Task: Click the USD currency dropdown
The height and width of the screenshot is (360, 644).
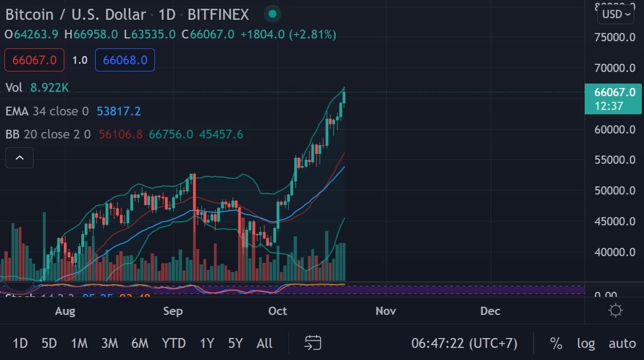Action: pyautogui.click(x=615, y=14)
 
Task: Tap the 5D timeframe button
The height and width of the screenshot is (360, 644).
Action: pyautogui.click(x=49, y=344)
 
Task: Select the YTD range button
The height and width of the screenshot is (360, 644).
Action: pyautogui.click(x=174, y=344)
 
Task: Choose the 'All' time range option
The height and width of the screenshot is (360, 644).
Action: pyautogui.click(x=264, y=344)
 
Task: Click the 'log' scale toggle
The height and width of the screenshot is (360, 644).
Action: pyautogui.click(x=586, y=344)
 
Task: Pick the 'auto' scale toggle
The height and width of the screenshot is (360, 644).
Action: pyautogui.click(x=622, y=344)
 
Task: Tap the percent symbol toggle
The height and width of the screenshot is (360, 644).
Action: pyautogui.click(x=556, y=344)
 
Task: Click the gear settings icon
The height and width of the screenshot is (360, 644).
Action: pyautogui.click(x=616, y=311)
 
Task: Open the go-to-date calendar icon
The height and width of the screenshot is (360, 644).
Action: pyautogui.click(x=313, y=343)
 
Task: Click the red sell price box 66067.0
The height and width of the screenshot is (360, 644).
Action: pyautogui.click(x=34, y=60)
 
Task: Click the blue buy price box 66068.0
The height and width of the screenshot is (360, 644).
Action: pyautogui.click(x=125, y=60)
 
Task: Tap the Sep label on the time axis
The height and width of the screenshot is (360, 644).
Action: pyautogui.click(x=173, y=311)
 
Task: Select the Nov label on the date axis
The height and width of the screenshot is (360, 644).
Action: pyautogui.click(x=386, y=311)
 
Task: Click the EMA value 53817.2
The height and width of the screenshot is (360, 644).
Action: pyautogui.click(x=119, y=112)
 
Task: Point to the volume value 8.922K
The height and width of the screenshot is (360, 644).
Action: pyautogui.click(x=49, y=87)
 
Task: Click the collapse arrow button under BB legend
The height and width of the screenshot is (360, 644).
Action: pyautogui.click(x=19, y=158)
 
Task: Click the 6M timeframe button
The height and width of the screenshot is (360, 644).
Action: pyautogui.click(x=140, y=344)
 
